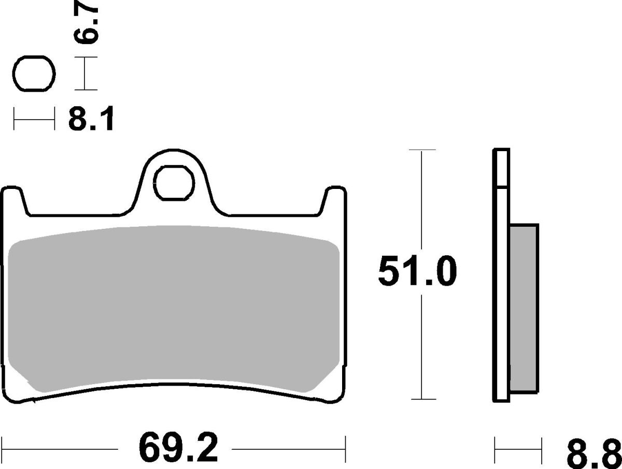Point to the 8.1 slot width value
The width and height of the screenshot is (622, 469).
coord(91,121)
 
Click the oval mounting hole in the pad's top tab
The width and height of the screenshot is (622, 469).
coord(174,182)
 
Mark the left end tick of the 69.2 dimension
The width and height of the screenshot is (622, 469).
coord(3,444)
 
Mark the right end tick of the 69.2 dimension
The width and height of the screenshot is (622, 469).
coord(346,444)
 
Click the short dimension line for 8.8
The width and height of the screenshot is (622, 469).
coord(518,444)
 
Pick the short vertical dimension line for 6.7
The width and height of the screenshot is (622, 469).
coord(84,75)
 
